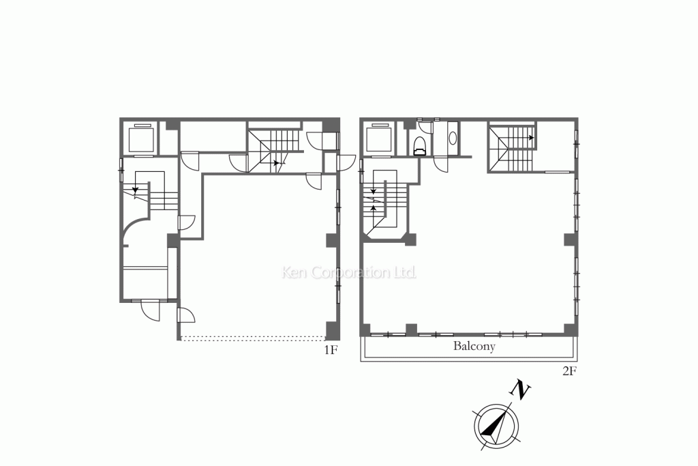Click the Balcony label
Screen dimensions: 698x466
click(x=474, y=346)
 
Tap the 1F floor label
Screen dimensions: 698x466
click(x=331, y=350)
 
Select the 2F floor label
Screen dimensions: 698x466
click(x=569, y=371)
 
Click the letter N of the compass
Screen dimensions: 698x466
click(x=519, y=390)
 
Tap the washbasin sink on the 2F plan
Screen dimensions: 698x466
click(x=453, y=138)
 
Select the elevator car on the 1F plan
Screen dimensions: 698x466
click(x=140, y=139)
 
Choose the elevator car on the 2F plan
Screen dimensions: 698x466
click(x=379, y=139)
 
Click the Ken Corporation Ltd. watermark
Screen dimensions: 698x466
click(x=350, y=272)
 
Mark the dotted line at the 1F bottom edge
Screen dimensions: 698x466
click(x=253, y=338)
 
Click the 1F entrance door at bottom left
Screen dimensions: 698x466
click(x=150, y=310)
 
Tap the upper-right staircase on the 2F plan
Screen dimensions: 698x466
click(x=512, y=149)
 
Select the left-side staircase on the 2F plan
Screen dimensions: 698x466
click(x=385, y=203)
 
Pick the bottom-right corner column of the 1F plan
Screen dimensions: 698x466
click(x=333, y=330)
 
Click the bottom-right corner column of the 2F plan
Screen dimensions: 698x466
click(x=571, y=330)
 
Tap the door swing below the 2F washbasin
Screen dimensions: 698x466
click(x=442, y=164)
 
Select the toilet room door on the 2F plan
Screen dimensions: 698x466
click(x=425, y=127)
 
